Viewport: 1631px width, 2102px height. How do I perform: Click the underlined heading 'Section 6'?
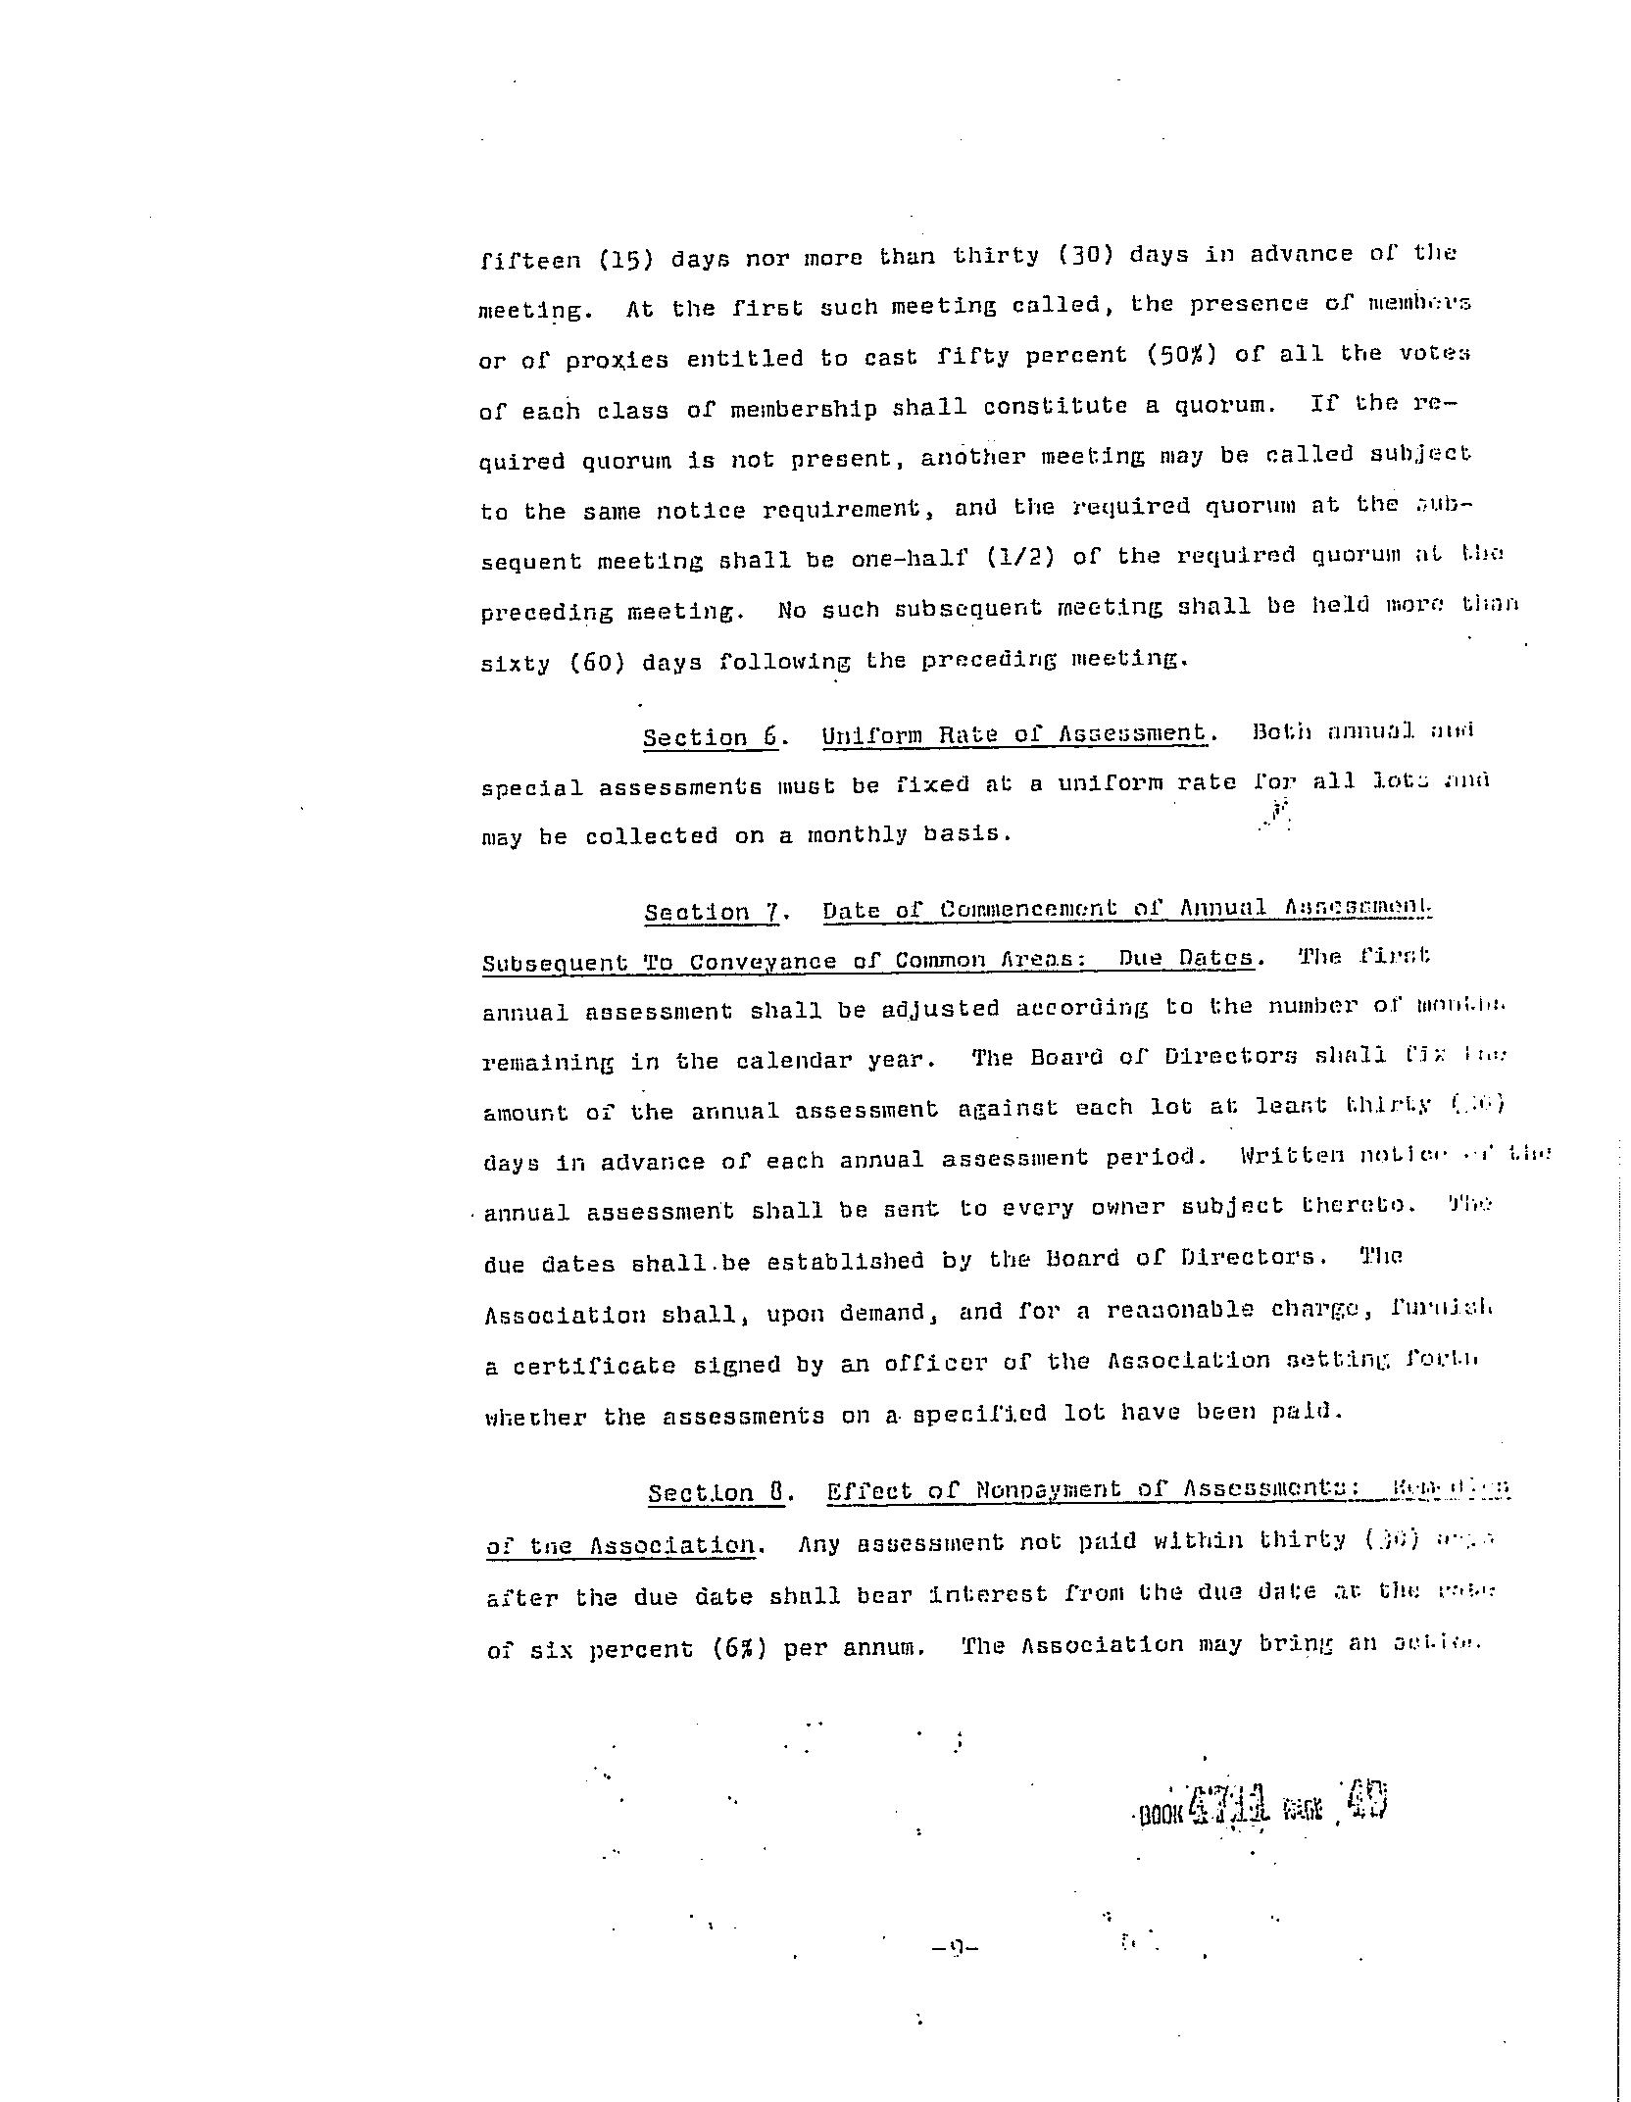710,736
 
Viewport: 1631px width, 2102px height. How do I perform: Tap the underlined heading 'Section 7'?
712,912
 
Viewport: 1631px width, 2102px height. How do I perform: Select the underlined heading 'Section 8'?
716,1493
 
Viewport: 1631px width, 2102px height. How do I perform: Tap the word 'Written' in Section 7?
1291,1156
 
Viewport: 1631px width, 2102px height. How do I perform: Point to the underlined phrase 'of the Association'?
620,1546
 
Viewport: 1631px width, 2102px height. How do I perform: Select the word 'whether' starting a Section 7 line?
535,1417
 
